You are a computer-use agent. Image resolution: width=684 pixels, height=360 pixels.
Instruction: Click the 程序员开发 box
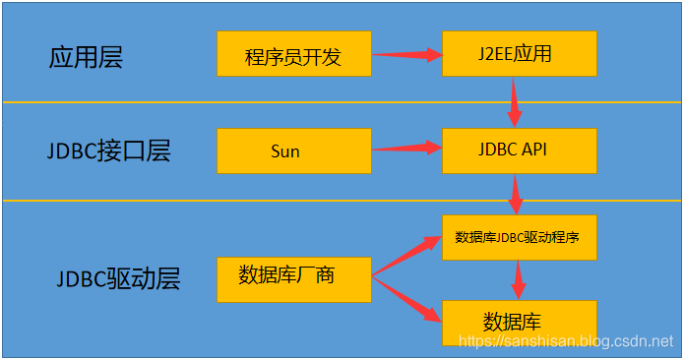pos(293,54)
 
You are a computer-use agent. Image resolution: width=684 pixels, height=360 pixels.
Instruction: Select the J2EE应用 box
pos(520,53)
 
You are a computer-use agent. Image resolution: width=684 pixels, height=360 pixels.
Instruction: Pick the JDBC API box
pos(520,150)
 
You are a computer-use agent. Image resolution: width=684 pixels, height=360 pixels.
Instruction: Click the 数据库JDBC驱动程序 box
pos(520,237)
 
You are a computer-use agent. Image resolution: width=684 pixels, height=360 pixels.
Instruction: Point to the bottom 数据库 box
pos(520,322)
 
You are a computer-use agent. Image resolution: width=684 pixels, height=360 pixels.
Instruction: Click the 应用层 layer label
pos(85,56)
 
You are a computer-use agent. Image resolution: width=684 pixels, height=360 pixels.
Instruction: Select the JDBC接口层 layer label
pos(108,151)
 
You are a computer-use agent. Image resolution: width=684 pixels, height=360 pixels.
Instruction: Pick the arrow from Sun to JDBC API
pos(405,149)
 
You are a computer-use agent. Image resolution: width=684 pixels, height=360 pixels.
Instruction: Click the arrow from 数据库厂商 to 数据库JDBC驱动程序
pos(405,255)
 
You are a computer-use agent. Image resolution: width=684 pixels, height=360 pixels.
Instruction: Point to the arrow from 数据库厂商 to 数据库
pos(405,300)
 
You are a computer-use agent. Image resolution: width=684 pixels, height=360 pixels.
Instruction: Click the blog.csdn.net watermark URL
pos(567,340)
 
